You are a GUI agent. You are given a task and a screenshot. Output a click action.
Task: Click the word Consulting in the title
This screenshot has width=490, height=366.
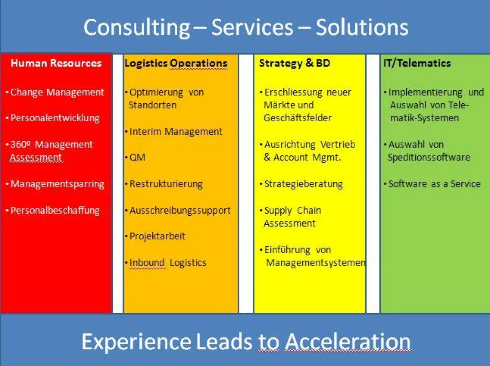click(x=137, y=28)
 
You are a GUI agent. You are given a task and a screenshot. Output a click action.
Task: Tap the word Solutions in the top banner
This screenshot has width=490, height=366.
click(x=362, y=27)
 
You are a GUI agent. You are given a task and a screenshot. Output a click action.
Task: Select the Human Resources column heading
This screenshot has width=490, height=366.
click(x=56, y=63)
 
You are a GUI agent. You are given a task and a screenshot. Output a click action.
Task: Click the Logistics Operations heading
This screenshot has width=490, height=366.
click(x=176, y=63)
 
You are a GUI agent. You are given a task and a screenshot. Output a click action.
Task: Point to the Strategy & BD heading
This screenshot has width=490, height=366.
click(x=294, y=63)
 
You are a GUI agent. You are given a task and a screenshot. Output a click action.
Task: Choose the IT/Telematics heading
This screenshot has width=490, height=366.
click(x=417, y=63)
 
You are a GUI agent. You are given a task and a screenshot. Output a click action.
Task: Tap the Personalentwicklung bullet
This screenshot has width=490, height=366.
click(x=55, y=118)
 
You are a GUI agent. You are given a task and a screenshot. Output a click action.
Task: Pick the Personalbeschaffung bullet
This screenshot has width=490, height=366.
click(x=55, y=211)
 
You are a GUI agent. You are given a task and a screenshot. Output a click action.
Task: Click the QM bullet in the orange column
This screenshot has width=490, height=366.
click(x=137, y=158)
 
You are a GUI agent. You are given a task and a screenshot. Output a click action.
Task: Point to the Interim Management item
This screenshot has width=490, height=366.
click(x=176, y=132)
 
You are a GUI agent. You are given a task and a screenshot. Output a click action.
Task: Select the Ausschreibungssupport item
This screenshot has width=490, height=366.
click(x=180, y=211)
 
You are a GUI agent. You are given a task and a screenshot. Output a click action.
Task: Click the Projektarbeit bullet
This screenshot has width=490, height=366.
click(x=157, y=236)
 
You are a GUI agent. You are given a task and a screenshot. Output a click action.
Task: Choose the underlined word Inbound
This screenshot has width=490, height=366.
click(x=147, y=263)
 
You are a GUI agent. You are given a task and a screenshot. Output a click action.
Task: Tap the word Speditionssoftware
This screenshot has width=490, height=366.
click(x=429, y=158)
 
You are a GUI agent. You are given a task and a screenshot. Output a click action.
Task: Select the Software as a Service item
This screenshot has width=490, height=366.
click(x=434, y=184)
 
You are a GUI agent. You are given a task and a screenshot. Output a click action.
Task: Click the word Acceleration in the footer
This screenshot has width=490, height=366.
click(x=348, y=342)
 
